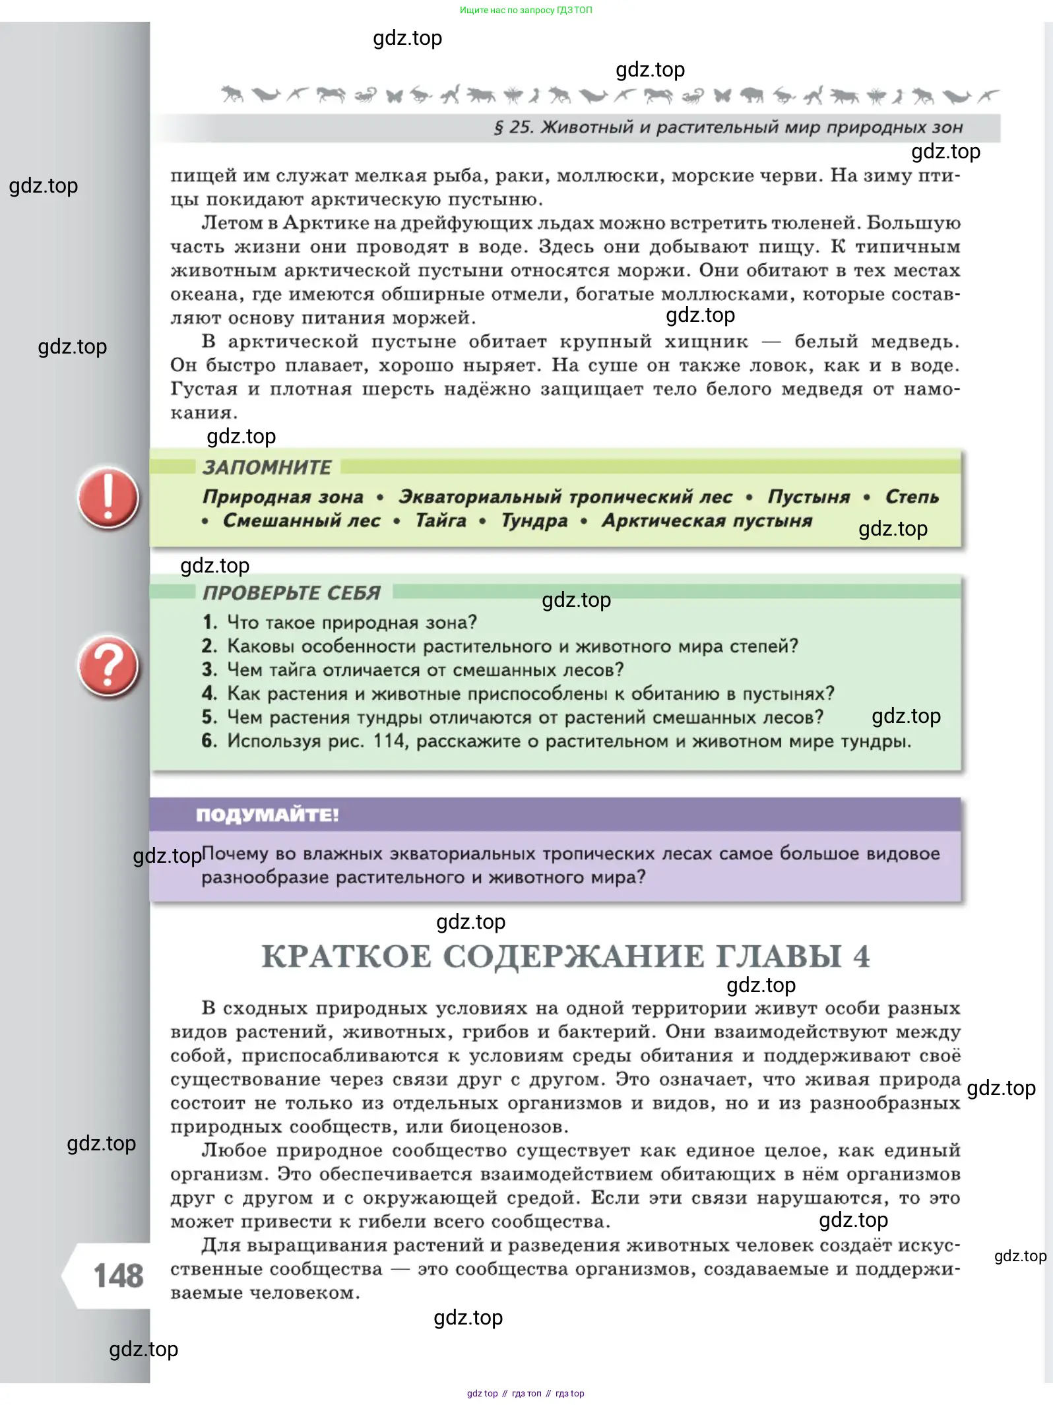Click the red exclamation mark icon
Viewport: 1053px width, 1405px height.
[108, 498]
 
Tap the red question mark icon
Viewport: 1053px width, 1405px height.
[108, 666]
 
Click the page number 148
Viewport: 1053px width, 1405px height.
[118, 1276]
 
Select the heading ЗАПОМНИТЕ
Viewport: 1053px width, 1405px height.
[267, 468]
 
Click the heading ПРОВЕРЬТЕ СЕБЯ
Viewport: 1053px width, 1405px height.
[291, 593]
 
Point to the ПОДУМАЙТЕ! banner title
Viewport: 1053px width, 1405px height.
[267, 815]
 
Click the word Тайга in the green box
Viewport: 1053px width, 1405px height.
[441, 521]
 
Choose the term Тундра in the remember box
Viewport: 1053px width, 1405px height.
[534, 521]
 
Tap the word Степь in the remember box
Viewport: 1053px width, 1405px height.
[911, 497]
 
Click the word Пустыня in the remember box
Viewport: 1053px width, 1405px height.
[808, 497]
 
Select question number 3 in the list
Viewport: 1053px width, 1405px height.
[209, 670]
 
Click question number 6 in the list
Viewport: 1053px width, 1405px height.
[209, 741]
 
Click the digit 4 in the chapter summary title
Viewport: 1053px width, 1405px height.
[861, 956]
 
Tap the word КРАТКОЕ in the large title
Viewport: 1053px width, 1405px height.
[346, 956]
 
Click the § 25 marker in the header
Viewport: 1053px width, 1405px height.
[513, 127]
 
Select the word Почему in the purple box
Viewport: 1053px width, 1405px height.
[235, 854]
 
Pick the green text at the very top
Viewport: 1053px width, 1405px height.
[526, 10]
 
